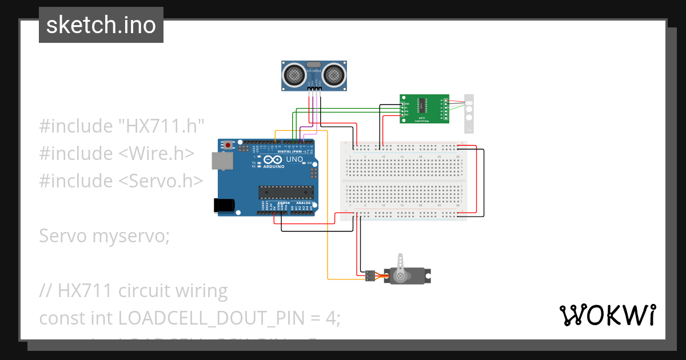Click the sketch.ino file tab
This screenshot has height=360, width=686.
tap(101, 25)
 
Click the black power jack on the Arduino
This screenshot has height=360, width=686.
tap(223, 206)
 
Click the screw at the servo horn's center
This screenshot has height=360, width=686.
tap(400, 277)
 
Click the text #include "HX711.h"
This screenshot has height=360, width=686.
tap(122, 126)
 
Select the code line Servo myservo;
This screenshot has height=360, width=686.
tap(104, 235)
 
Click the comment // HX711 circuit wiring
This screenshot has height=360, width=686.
tap(133, 291)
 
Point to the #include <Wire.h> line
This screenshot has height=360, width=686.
tap(117, 153)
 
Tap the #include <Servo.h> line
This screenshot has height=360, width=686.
tap(121, 181)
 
